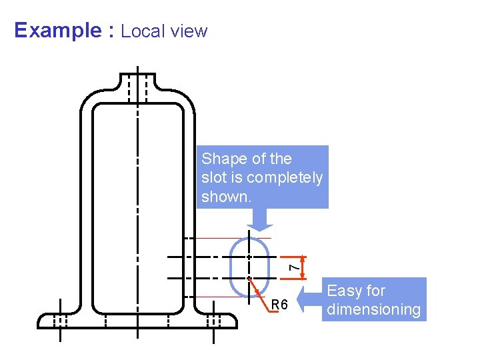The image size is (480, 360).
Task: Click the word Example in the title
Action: click(x=56, y=31)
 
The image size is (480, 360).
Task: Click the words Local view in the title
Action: click(x=164, y=31)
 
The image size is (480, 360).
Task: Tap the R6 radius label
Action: click(x=279, y=305)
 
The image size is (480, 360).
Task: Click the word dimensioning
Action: click(x=374, y=309)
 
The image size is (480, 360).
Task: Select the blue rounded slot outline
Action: click(x=230, y=267)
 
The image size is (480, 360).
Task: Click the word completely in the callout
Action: click(x=285, y=178)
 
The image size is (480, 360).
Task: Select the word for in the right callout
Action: click(x=375, y=291)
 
